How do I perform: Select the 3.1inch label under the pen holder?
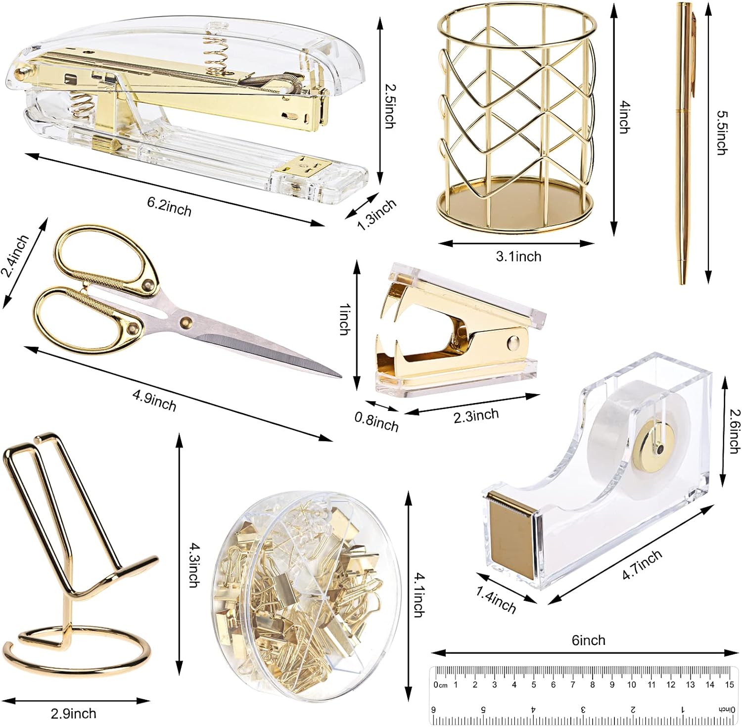[518, 256]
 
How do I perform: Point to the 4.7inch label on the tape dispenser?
[642, 565]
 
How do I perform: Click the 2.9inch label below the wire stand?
[73, 713]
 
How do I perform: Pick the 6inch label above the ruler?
[588, 640]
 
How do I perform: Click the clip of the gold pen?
[694, 49]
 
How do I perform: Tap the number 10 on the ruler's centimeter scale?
[631, 684]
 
